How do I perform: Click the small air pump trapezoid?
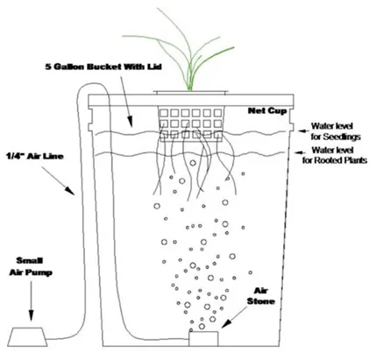[27, 337]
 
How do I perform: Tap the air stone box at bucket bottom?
[203, 339]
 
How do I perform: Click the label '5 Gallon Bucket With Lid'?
[103, 67]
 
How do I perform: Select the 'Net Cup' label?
[267, 110]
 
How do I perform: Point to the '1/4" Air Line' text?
[35, 156]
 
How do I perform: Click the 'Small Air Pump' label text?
[31, 266]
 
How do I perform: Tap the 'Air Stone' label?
[261, 296]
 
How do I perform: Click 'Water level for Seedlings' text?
[336, 131]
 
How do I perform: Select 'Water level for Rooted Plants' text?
[335, 155]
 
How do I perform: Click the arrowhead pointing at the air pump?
[31, 315]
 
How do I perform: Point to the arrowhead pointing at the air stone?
[226, 323]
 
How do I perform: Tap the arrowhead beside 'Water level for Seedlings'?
[302, 131]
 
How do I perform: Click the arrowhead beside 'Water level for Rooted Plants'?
[298, 152]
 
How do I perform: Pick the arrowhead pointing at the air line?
[69, 190]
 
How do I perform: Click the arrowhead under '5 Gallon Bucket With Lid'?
[130, 122]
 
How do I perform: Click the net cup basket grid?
[191, 124]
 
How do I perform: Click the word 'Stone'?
[261, 301]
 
